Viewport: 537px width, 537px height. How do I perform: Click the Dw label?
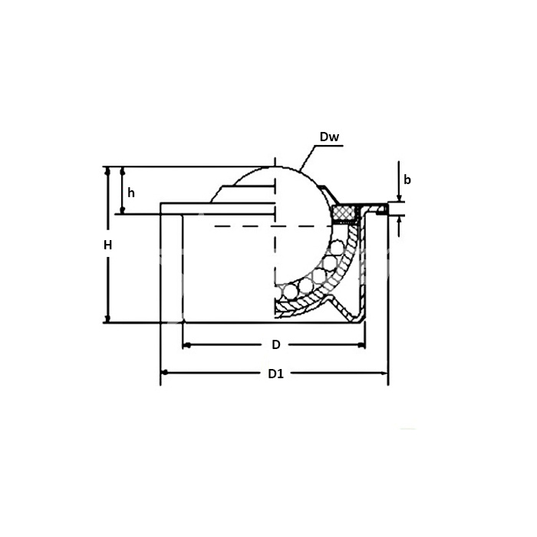(329, 138)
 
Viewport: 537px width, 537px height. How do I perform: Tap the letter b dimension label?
(407, 180)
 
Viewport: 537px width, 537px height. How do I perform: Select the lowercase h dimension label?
(131, 192)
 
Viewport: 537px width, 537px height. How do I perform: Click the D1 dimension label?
(275, 374)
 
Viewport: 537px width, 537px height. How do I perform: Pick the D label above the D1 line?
(275, 344)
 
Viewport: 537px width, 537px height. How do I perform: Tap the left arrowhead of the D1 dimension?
(165, 374)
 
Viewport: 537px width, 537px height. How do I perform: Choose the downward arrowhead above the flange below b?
(400, 197)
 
